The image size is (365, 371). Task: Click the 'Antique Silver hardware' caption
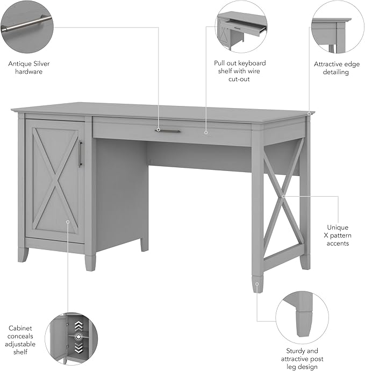coord(29,67)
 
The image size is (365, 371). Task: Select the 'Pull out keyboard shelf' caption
coord(239,71)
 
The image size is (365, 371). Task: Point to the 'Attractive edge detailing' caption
coord(337,68)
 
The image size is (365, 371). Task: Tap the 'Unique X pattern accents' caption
coord(337,236)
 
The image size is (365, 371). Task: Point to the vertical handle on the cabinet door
coord(81,153)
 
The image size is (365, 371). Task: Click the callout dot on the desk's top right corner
coord(310,113)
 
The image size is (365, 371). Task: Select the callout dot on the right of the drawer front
coord(206,131)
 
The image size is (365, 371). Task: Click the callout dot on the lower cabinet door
coord(68,220)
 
